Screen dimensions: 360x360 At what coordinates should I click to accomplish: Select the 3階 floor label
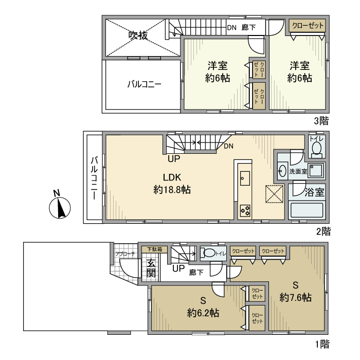pos(321,121)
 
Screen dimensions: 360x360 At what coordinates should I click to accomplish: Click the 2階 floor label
pos(322,232)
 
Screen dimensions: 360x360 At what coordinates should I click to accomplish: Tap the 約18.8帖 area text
pos(172,190)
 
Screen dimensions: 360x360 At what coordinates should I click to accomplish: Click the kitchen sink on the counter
pos(245,178)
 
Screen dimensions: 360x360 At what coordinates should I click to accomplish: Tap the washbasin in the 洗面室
pos(282,171)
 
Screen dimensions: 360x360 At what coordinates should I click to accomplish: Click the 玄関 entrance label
pos(151,268)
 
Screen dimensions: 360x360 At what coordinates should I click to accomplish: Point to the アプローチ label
pos(125,254)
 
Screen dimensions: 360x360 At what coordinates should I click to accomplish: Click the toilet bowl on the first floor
pos(209,253)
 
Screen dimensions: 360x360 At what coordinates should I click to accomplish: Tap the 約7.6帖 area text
pos(295,297)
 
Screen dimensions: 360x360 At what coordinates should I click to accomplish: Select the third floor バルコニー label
pos(145,84)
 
